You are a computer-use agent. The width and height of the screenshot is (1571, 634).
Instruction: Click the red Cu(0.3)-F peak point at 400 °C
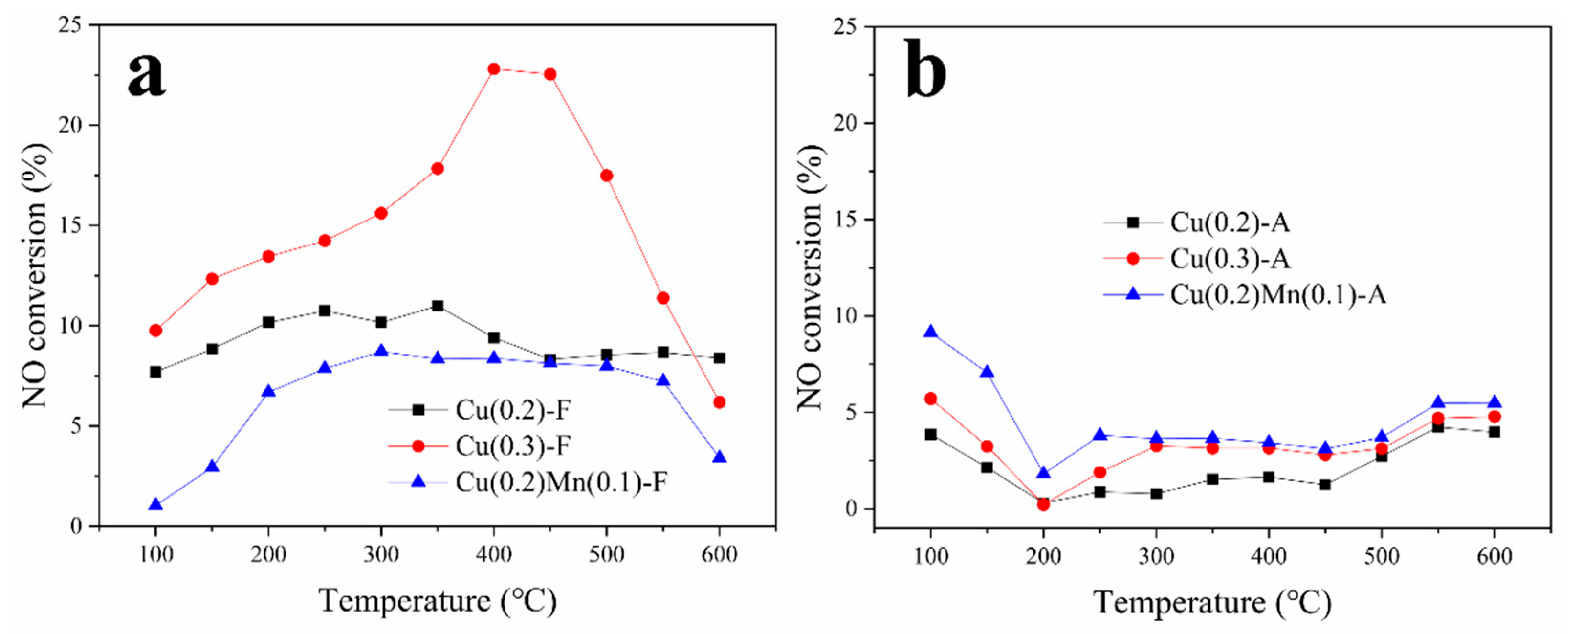point(494,69)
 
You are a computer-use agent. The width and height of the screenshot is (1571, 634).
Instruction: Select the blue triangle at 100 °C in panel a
point(155,505)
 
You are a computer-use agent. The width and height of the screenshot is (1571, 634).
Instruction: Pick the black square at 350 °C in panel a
point(437,306)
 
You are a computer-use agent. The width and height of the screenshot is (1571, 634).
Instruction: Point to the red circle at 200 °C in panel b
point(1043,504)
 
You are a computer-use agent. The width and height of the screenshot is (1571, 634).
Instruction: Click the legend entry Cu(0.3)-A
point(1230,259)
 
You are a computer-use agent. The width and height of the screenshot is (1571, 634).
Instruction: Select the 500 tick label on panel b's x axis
point(1381,556)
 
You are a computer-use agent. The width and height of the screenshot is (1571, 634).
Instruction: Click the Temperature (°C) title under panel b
point(1212,603)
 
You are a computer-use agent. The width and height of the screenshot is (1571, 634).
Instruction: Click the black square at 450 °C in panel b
point(1325,485)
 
